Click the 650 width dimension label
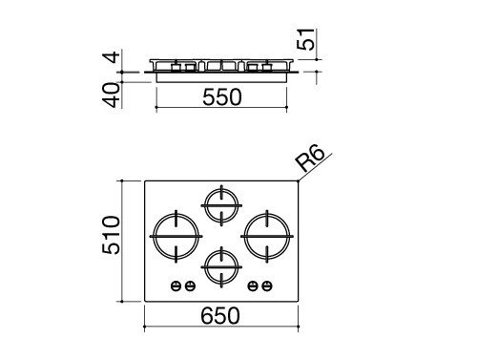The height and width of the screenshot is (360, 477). pos(220,316)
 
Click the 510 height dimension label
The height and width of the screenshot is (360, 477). pos(112,235)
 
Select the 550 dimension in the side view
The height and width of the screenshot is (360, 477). pos(222,97)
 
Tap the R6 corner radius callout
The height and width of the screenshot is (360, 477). pos(309,159)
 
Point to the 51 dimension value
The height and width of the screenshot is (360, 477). pos(305,39)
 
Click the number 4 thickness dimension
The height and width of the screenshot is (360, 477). pos(112,57)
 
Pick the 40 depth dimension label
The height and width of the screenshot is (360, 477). pos(112,95)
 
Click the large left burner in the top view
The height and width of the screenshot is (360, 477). pos(176,236)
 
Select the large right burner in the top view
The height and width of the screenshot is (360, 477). pos(267,236)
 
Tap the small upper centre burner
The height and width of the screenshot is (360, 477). pos(221,205)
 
